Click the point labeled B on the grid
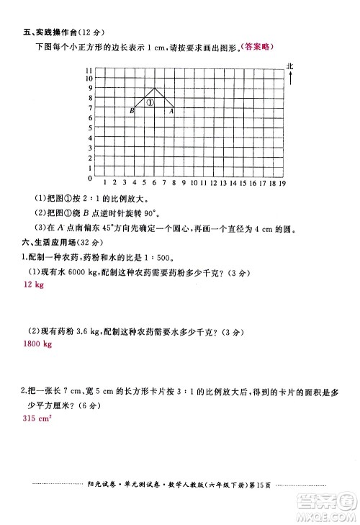pyautogui.click(x=135, y=107)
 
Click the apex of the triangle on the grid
pyautogui.click(x=155, y=88)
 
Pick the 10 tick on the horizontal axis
pyautogui.click(x=194, y=184)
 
